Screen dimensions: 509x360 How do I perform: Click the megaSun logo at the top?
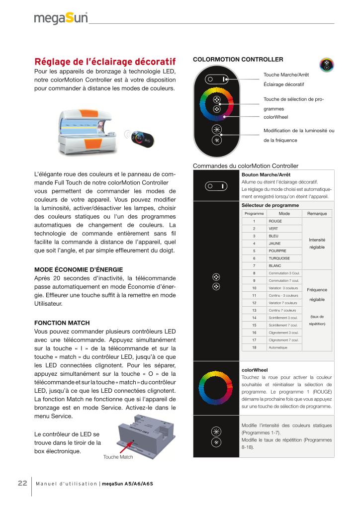61,18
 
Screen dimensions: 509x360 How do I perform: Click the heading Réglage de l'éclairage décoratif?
105,62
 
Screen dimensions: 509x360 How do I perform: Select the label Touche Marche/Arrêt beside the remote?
286,75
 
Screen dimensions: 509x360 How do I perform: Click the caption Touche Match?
118,457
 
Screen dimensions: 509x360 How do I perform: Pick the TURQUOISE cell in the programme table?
278,258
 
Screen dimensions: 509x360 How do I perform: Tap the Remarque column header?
317,213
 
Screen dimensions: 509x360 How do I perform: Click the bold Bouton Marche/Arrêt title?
266,174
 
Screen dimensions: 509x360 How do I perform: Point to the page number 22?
22,483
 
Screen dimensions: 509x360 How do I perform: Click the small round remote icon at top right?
327,65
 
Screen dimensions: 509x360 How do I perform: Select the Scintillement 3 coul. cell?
283,318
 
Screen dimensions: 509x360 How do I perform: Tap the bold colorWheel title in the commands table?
254,370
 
